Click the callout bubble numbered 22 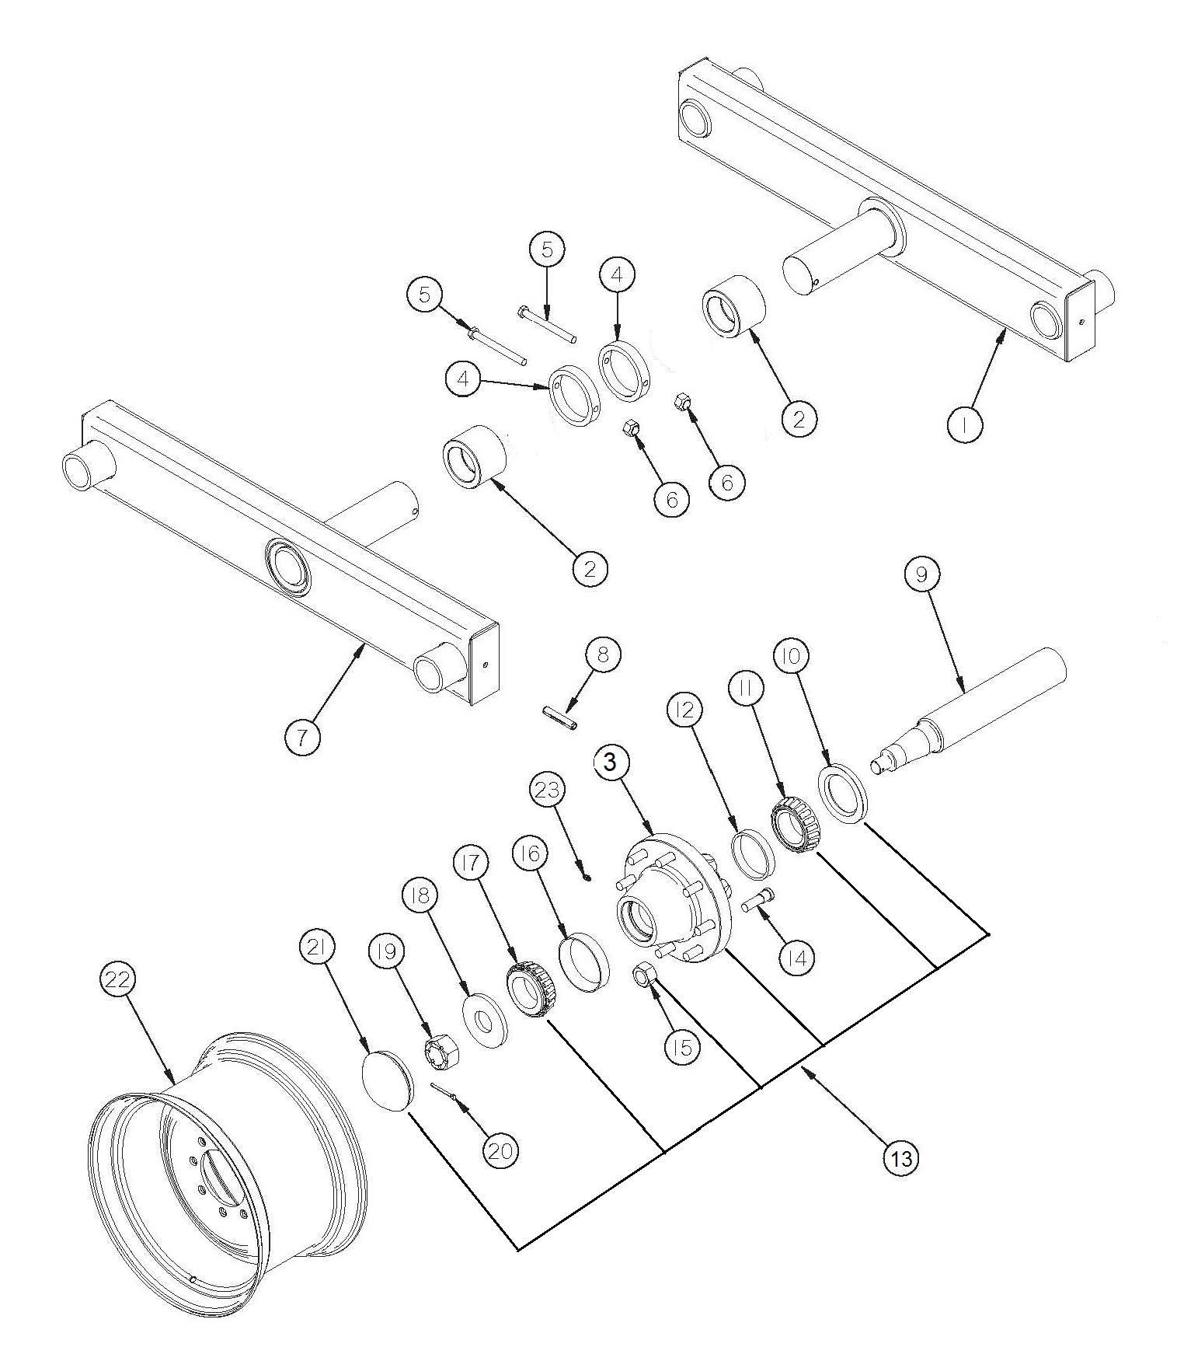pyautogui.click(x=117, y=981)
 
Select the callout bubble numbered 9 pyautogui.click(x=921, y=574)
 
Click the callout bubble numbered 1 pyautogui.click(x=965, y=425)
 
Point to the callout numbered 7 pyautogui.click(x=302, y=736)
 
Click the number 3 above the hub pyautogui.click(x=610, y=763)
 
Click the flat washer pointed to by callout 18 pyautogui.click(x=486, y=1020)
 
